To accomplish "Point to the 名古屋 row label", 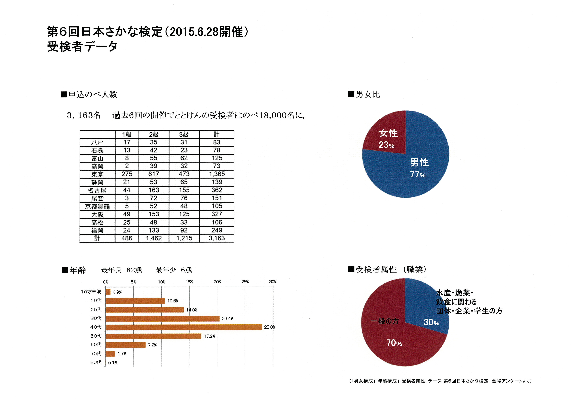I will point(97,190).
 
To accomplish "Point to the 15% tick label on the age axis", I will point(189,282).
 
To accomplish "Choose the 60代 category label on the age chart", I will point(96,345).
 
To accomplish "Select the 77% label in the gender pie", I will point(418,174).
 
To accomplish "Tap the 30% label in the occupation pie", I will point(431,322).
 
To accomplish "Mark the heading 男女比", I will point(368,94).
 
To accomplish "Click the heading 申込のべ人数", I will point(93,94).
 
